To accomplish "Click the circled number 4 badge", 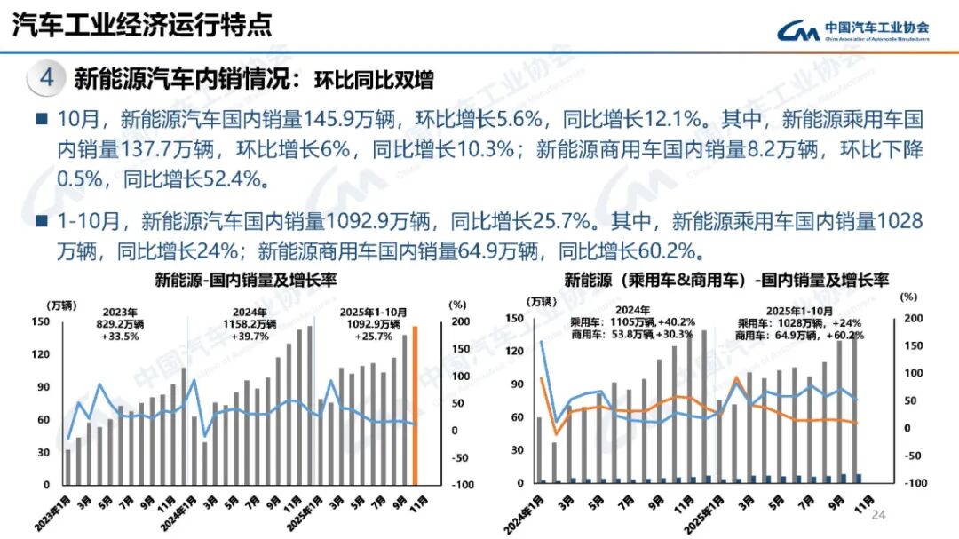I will point(47,78).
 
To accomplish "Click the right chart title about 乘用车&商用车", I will point(726,281).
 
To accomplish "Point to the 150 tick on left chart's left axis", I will point(41,321).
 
